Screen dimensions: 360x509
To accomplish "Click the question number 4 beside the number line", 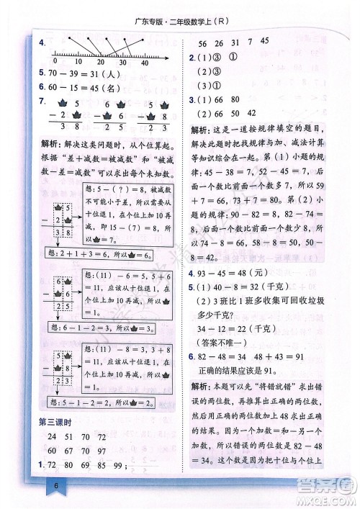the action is pyautogui.click(x=43, y=45).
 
